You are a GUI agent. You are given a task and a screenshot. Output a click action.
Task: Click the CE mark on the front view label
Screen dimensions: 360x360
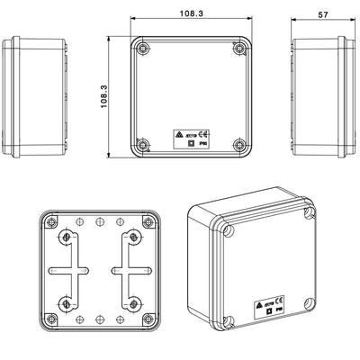point(206,132)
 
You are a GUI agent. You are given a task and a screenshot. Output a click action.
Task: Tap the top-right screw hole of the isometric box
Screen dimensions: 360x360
point(310,213)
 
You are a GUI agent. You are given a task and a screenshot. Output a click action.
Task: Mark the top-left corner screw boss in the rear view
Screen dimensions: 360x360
point(51,220)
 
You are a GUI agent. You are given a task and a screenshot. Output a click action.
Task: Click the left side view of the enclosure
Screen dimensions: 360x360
point(36,98)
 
